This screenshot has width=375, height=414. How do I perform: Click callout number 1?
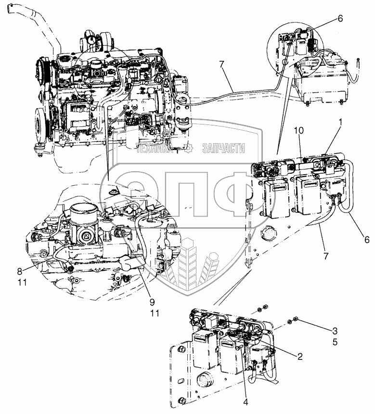tap(341, 123)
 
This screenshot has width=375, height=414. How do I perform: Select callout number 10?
tap(298, 130)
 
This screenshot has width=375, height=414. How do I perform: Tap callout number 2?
tap(300, 357)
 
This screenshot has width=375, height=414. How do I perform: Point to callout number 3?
tap(335, 330)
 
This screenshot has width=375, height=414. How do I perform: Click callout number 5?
tap(335, 342)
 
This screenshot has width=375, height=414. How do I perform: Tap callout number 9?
tap(152, 302)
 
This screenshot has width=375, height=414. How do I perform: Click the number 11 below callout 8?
tap(22, 282)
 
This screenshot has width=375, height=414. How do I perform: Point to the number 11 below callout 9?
tap(155, 313)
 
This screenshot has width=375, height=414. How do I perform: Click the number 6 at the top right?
tap(340, 18)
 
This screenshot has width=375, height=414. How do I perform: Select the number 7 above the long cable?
tap(222, 64)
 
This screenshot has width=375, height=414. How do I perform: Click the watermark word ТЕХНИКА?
tap(153, 149)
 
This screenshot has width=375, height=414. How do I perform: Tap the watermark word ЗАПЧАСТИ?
tap(223, 149)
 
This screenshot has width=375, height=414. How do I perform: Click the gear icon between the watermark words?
tap(189, 149)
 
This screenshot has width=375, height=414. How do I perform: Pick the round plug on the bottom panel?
tap(206, 379)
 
